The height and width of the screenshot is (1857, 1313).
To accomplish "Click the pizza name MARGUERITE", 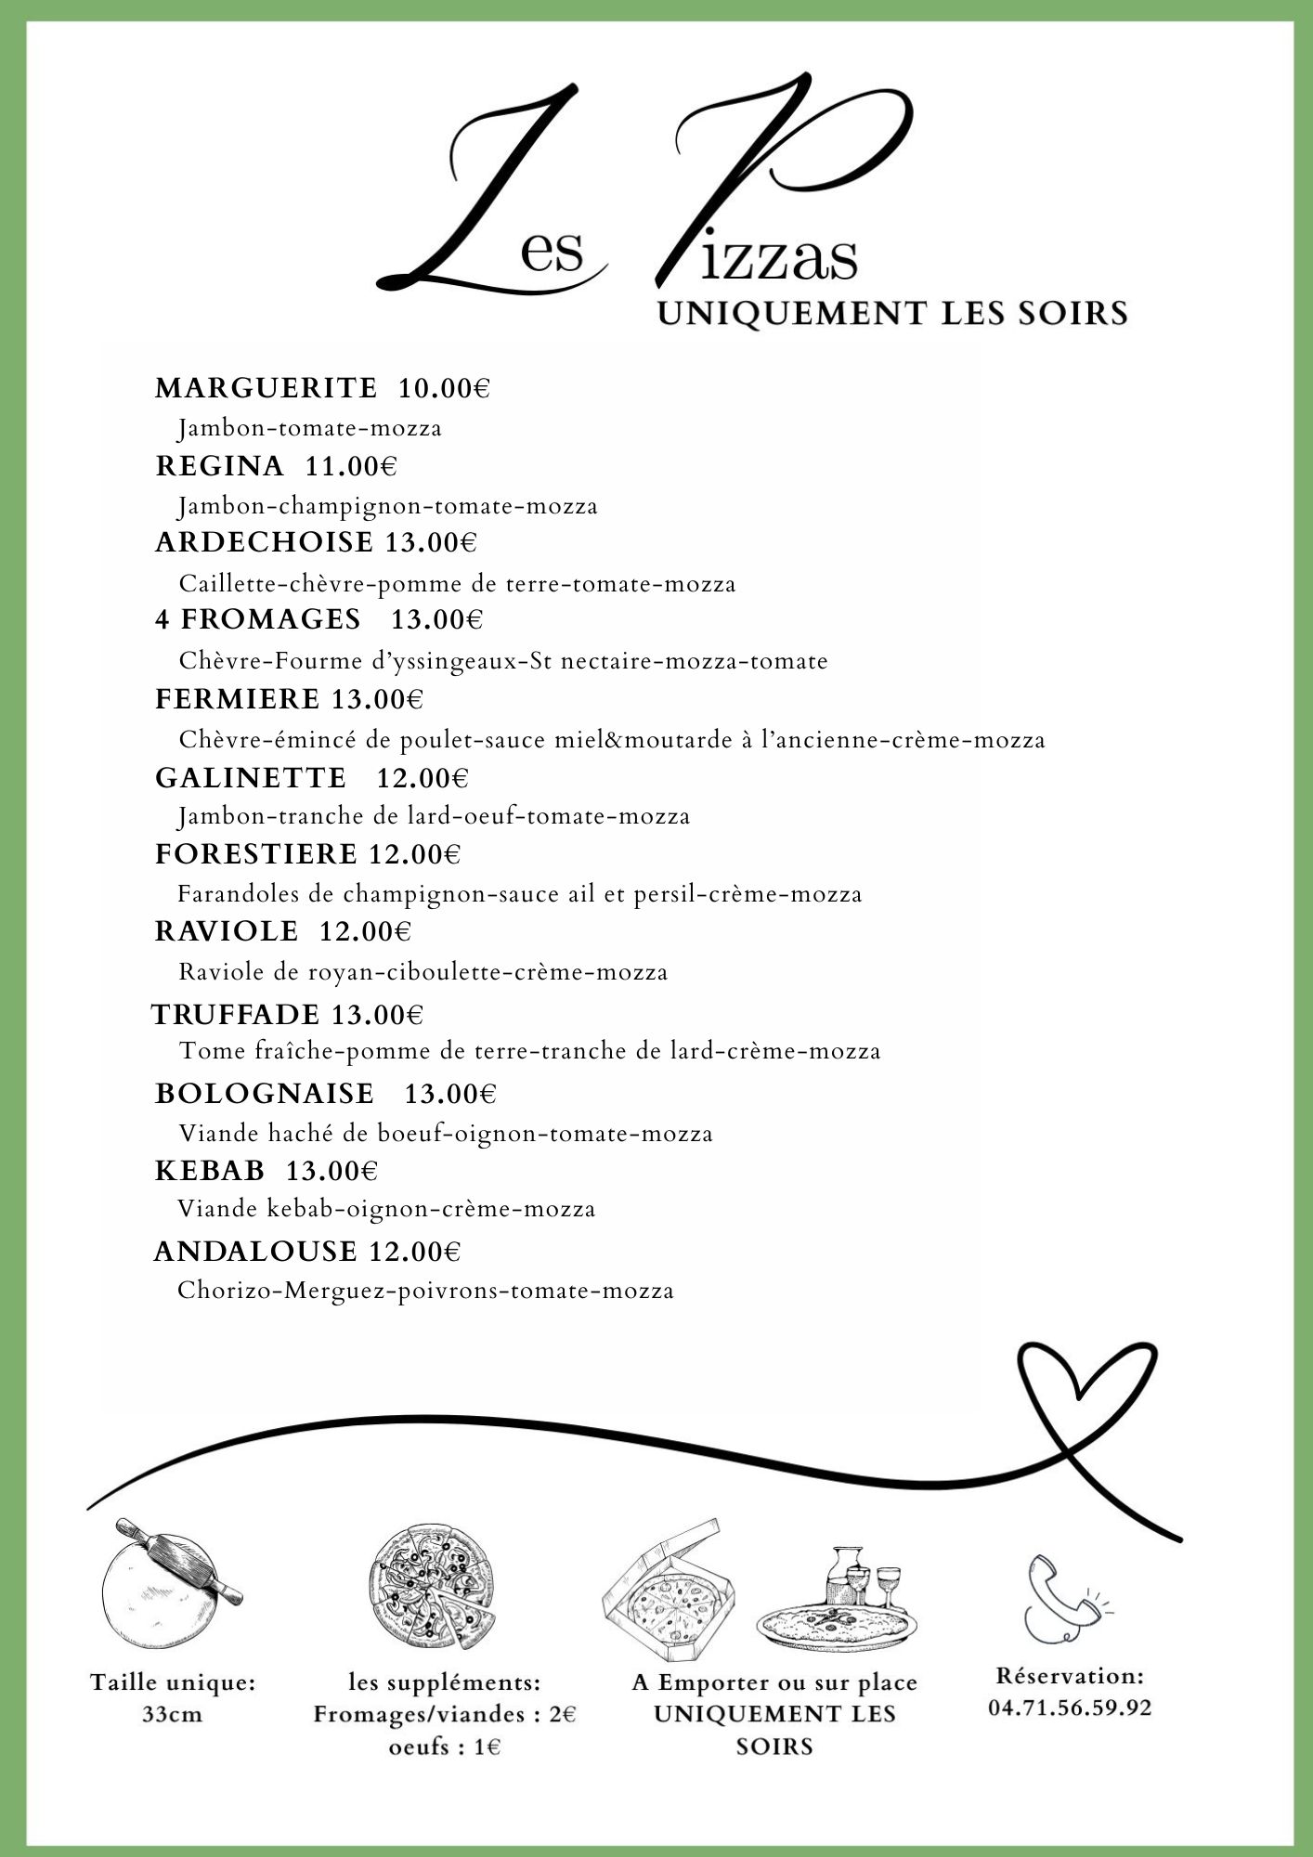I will (266, 388).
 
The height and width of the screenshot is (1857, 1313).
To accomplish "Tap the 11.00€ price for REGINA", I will (351, 466).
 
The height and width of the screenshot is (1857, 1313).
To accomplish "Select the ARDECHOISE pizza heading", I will (264, 542).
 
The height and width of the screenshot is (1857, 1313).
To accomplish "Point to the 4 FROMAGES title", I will (258, 619).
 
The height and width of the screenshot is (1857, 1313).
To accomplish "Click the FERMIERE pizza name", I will (237, 699).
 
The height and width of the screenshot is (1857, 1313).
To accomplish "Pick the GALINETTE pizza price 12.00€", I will (422, 777).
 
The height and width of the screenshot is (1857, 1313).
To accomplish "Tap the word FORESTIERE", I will (255, 854).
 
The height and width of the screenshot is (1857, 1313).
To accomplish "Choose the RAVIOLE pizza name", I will (227, 931).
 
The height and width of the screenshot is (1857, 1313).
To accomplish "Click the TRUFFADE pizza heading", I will (236, 1015).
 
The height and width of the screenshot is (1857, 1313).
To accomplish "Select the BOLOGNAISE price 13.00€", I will (450, 1094).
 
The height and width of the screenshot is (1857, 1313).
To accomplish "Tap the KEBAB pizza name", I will (210, 1171).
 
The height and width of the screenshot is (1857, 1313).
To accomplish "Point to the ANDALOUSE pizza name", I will (255, 1252).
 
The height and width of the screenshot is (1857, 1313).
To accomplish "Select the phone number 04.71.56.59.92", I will (1070, 1708).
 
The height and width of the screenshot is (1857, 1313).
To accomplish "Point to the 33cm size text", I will (172, 1714).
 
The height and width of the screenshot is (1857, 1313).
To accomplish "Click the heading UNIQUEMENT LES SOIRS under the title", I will (892, 313).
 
